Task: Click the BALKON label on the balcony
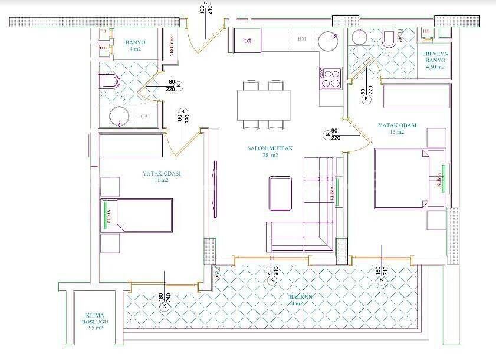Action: pyautogui.click(x=295, y=300)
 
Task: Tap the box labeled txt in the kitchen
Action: pyautogui.click(x=248, y=41)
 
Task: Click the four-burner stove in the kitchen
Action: pyautogui.click(x=331, y=78)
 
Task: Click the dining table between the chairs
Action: pyautogui.click(x=264, y=105)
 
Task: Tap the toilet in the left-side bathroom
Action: pyautogui.click(x=109, y=82)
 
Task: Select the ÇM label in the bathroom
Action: pyautogui.click(x=145, y=117)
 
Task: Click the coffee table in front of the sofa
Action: pyautogui.click(x=281, y=193)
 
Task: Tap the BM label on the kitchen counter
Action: pyautogui.click(x=302, y=39)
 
